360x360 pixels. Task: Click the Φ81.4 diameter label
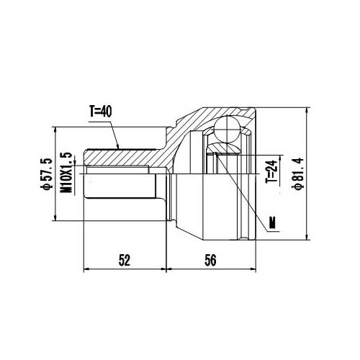(297, 174)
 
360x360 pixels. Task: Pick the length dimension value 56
(210, 261)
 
